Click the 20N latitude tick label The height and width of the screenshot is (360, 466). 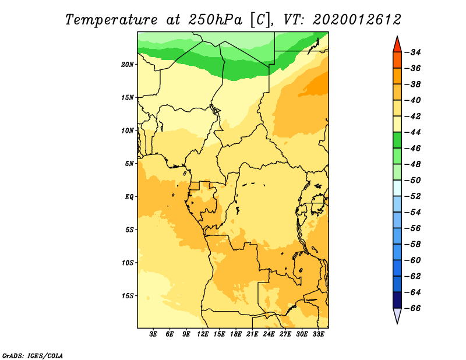click(x=128, y=64)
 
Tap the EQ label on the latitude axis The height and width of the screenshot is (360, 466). click(x=129, y=196)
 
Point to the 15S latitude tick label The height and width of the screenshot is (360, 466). click(x=128, y=295)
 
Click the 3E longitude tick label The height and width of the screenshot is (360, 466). click(x=154, y=334)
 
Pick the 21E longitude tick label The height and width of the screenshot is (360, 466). click(x=252, y=334)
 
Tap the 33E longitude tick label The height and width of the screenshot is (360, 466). click(x=318, y=334)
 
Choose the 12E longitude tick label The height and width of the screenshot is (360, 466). click(x=203, y=334)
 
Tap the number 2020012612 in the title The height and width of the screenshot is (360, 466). click(x=357, y=19)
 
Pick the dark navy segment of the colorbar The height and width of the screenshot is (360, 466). click(x=397, y=299)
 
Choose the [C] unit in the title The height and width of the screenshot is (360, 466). click(x=262, y=19)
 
